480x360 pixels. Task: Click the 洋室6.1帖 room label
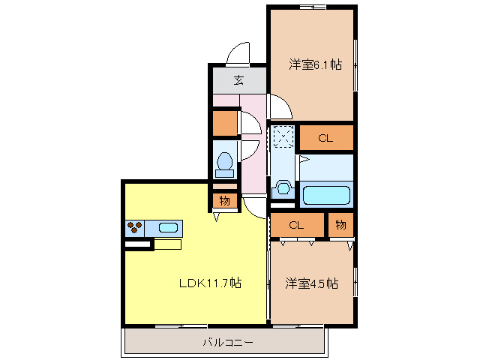[x=315, y=65]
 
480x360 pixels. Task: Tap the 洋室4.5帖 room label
[x=311, y=283]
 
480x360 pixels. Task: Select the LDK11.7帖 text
[x=209, y=283]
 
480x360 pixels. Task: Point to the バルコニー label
[x=227, y=343]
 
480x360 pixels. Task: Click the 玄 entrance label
[x=238, y=80]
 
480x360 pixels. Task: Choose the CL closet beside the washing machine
[x=325, y=138]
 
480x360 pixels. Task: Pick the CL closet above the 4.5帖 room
[x=297, y=225]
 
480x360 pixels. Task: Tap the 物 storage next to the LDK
[x=224, y=200]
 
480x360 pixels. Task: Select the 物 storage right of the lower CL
[x=340, y=225]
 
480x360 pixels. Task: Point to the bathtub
[x=325, y=196]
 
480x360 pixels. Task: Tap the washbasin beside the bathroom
[x=283, y=187]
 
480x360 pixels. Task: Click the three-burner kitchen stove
[x=135, y=226]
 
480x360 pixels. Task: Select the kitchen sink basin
[x=167, y=226]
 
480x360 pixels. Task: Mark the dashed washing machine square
[x=283, y=136]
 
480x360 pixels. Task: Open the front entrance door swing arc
[x=238, y=54]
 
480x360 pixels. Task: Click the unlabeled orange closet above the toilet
[x=224, y=122]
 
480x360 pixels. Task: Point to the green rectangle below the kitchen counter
[x=167, y=244]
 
